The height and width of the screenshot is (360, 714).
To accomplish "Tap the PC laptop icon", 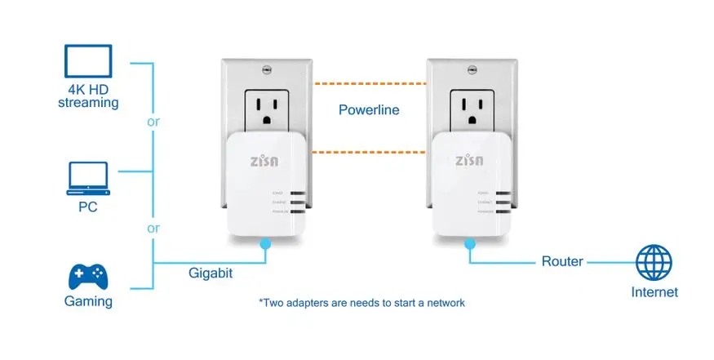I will [x=87, y=178].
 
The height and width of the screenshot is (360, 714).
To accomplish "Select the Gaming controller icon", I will [x=88, y=276].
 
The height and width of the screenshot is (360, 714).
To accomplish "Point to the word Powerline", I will [x=369, y=109].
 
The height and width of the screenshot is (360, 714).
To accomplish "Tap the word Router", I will [x=562, y=261].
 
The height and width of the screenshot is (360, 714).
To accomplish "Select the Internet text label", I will [x=654, y=291].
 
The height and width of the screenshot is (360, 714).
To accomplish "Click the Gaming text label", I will [x=88, y=301].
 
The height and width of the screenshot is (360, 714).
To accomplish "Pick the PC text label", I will [x=87, y=207].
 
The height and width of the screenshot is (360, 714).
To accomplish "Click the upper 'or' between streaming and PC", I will [x=153, y=122].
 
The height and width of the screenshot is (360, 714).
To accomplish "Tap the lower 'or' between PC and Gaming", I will [x=153, y=228].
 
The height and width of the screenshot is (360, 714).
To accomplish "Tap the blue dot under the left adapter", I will [x=264, y=242].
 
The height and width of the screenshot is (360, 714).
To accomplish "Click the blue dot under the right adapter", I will [x=470, y=242].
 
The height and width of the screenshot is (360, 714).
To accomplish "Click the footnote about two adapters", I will [x=361, y=303].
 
